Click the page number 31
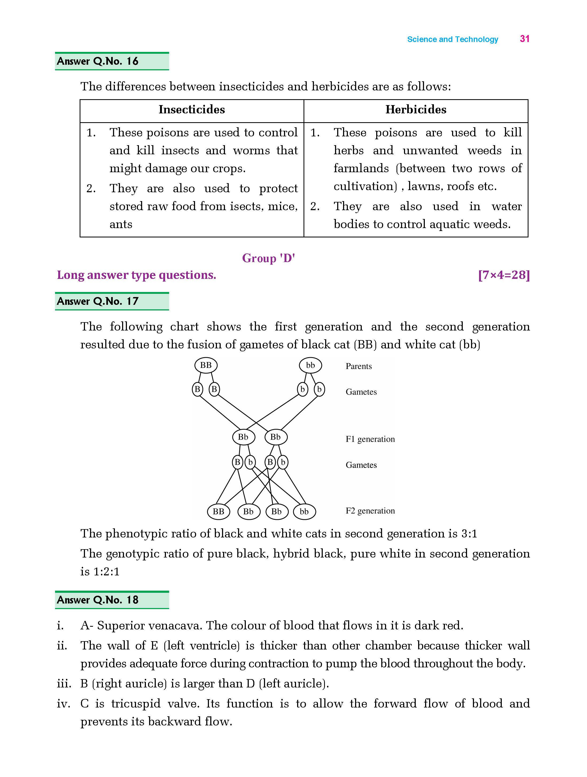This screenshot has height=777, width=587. point(524,39)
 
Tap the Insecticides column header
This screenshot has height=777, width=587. point(192,110)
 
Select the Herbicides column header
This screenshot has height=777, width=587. point(416,110)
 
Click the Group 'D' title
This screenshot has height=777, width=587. point(269,258)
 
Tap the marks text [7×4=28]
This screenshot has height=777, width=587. point(504,275)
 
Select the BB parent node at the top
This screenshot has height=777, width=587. point(206,365)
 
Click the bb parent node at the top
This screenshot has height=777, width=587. point(310,365)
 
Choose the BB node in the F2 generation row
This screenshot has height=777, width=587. point(218,511)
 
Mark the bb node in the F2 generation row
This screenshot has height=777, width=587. point(304,511)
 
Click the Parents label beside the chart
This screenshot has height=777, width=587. point(359,366)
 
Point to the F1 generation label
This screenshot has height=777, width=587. point(370,439)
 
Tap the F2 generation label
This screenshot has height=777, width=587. point(370,511)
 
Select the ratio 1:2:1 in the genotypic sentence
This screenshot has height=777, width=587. point(106,571)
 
